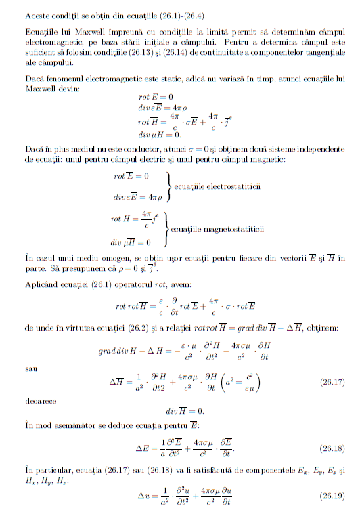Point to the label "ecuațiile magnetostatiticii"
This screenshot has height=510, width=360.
click(x=217, y=230)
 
